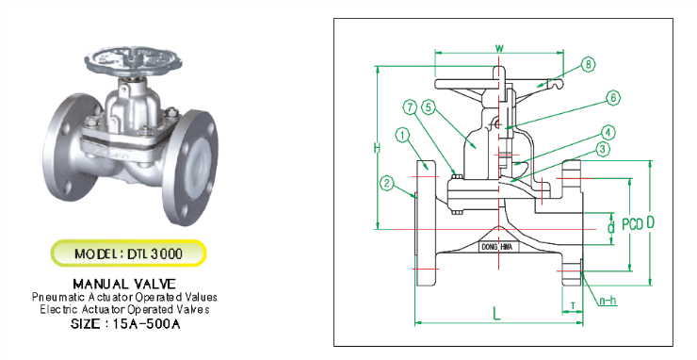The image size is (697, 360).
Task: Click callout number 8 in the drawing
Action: (588, 65)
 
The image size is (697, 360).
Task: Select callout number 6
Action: (613, 97)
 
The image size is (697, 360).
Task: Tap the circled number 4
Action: (608, 132)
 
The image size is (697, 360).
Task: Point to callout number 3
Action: (602, 149)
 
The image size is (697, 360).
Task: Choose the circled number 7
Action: (410, 107)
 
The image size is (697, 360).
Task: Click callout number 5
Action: (428, 107)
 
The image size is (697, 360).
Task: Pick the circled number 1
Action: (402, 136)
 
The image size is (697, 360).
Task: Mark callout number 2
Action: (387, 183)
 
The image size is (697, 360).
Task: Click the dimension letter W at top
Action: (499, 48)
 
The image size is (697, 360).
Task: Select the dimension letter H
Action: (377, 148)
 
